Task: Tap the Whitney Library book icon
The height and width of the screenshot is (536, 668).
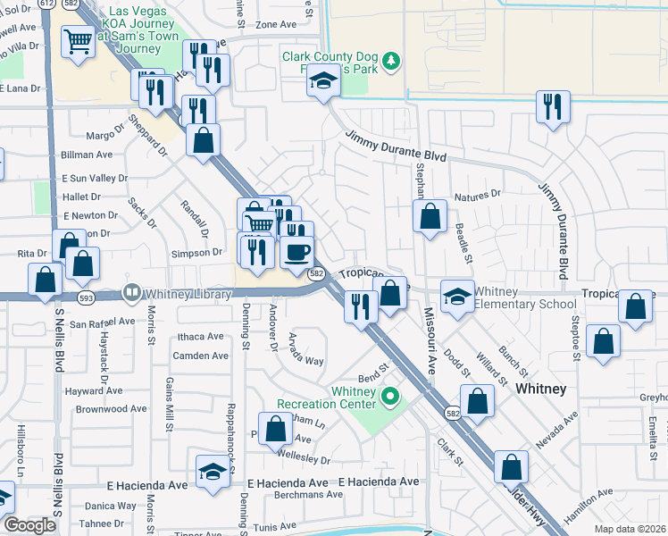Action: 131,291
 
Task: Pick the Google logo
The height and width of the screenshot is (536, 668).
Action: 29,525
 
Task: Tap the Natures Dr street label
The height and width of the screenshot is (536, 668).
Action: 478,194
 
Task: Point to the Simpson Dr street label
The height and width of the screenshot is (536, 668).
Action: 198,252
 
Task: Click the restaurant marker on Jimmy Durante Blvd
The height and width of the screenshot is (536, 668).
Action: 553,108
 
